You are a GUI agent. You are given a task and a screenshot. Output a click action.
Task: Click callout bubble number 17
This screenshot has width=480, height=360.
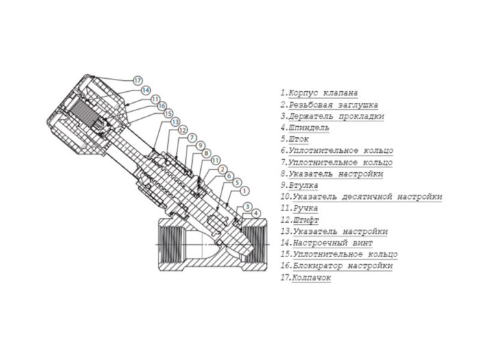click(x=137, y=80)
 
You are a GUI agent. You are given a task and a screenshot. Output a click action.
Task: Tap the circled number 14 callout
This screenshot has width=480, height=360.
click(x=145, y=90)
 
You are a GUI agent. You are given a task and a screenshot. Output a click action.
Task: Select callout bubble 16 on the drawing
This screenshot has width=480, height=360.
click(x=162, y=106)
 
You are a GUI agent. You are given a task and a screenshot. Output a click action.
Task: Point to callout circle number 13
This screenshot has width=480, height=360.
click(x=175, y=121)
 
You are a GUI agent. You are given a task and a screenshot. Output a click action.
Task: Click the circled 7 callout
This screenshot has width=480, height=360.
click(x=191, y=137)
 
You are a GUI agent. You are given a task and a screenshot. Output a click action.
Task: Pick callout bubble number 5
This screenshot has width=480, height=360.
click(x=237, y=183)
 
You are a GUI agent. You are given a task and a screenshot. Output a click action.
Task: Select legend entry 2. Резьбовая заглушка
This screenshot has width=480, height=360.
click(x=328, y=104)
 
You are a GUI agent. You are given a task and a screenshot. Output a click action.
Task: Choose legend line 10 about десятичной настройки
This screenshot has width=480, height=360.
click(x=361, y=197)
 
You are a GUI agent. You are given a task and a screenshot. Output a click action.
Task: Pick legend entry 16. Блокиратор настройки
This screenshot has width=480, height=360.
click(x=336, y=266)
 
